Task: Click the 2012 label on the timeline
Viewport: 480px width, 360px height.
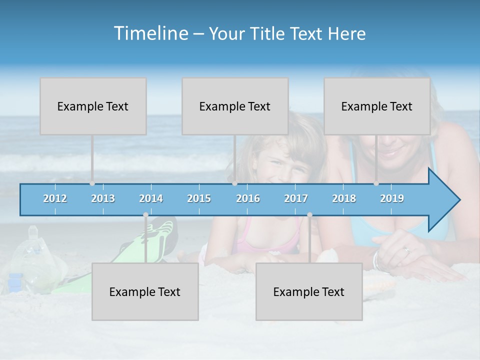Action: click(x=55, y=198)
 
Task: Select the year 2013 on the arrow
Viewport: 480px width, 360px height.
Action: click(x=103, y=198)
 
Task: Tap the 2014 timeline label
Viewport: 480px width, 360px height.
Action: click(x=151, y=198)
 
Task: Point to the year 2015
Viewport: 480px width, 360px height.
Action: click(x=199, y=198)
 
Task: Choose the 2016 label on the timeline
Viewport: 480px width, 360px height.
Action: click(x=248, y=198)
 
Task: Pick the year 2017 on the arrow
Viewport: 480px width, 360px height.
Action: click(x=296, y=198)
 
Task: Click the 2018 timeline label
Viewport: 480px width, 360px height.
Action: click(x=344, y=198)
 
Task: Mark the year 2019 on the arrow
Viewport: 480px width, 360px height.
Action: click(x=392, y=198)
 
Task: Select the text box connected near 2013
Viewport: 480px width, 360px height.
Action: click(x=93, y=106)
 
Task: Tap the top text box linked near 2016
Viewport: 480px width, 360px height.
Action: click(x=235, y=106)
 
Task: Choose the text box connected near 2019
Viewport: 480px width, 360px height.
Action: click(x=377, y=106)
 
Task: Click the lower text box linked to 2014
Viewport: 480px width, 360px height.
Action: click(x=145, y=292)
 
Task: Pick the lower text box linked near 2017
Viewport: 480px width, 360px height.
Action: click(x=309, y=292)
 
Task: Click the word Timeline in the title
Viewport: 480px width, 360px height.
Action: click(x=150, y=33)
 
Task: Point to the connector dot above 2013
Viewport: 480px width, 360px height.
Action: click(x=92, y=183)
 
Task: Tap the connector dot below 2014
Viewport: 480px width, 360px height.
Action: click(x=145, y=215)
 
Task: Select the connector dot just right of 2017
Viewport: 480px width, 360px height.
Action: click(x=309, y=215)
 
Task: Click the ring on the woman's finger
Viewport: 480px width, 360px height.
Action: click(x=406, y=250)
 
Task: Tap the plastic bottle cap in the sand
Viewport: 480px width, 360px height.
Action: click(x=33, y=231)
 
